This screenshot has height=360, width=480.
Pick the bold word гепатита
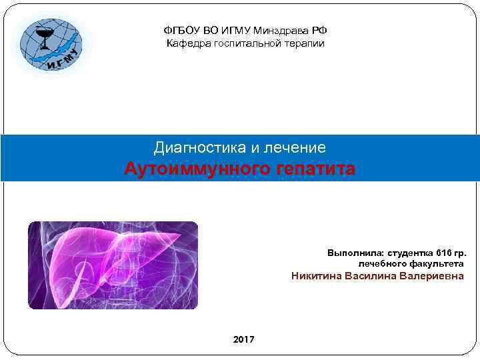point(313,169)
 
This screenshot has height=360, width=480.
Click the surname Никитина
point(317,276)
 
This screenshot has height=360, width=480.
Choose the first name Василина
point(371,276)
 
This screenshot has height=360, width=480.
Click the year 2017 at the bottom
point(243,340)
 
